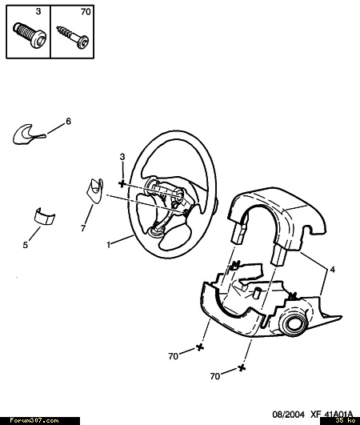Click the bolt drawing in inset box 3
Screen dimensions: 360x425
pos(30,35)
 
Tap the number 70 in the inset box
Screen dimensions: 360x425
pos(86,12)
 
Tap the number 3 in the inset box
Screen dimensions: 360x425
pos(38,11)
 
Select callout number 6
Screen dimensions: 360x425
pos(68,121)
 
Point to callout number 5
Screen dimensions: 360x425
pos(25,245)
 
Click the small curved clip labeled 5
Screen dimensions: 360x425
pos(45,216)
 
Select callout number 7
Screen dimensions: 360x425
pos(83,228)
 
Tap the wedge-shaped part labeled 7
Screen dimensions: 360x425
pos(95,190)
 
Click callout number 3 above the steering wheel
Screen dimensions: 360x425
pos(122,157)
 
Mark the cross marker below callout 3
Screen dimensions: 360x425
pos(122,184)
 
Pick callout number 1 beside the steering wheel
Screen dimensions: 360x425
pos(109,244)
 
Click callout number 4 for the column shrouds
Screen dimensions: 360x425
pos(332,270)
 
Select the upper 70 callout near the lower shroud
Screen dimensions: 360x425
pos(174,356)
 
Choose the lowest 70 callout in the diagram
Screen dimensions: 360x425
pos(215,376)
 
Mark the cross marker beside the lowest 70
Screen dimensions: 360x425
pos(242,368)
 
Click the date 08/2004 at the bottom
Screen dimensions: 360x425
pos(288,415)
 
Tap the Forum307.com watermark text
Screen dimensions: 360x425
pos(34,421)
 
